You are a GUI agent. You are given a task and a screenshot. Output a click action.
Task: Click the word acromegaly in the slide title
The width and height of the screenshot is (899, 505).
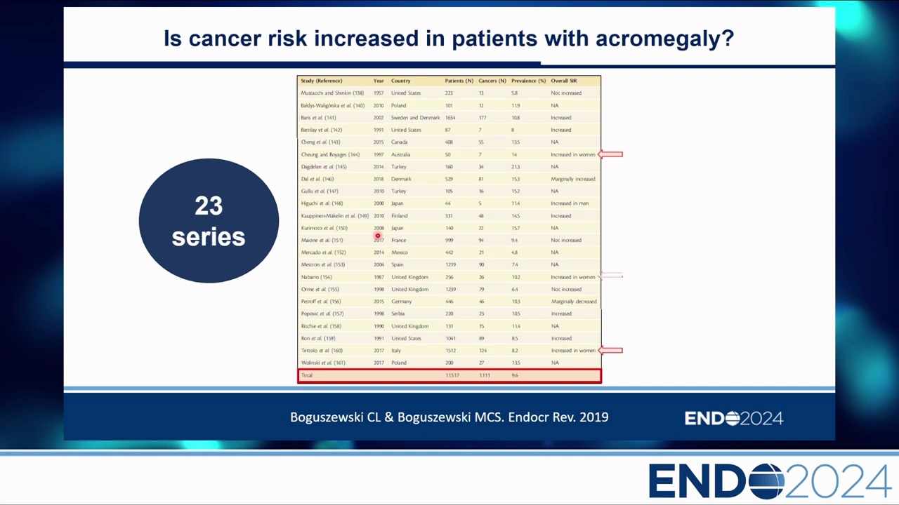(664, 39)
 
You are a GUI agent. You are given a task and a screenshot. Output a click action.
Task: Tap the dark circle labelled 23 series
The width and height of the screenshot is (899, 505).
(209, 221)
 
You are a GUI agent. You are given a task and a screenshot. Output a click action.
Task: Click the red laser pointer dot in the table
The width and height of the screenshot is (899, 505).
(378, 236)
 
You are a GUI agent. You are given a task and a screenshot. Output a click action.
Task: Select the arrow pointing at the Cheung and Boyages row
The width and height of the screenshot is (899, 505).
(611, 154)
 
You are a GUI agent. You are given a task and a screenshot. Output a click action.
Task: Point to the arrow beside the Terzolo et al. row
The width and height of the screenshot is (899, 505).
(611, 350)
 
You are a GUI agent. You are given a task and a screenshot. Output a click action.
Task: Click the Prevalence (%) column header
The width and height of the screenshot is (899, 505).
(528, 81)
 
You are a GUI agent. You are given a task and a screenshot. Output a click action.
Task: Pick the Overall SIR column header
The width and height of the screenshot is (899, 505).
(563, 81)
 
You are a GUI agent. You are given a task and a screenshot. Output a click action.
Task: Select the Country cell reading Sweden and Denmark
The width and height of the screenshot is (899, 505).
(415, 118)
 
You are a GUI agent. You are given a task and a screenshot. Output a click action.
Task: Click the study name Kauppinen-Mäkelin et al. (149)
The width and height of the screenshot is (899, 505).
(334, 215)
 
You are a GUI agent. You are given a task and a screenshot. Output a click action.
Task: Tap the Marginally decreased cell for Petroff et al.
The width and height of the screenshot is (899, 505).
(574, 302)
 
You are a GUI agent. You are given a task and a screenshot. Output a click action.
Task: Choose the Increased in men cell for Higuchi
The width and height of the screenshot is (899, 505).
(570, 203)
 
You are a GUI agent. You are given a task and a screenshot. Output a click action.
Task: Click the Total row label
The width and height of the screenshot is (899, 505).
(307, 375)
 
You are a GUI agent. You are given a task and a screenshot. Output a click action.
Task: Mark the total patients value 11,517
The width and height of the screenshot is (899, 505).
(452, 375)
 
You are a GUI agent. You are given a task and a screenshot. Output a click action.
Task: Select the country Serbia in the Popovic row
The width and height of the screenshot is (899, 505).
(398, 314)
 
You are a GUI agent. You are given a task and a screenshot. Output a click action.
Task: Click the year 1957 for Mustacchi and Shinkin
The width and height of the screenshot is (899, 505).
(379, 93)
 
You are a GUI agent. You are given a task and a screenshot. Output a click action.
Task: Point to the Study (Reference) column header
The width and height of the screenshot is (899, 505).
(321, 81)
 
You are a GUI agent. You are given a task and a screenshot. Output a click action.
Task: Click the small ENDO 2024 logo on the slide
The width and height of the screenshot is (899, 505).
(733, 419)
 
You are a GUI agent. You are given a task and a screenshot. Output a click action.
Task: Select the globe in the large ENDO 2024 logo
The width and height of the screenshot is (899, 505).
(766, 481)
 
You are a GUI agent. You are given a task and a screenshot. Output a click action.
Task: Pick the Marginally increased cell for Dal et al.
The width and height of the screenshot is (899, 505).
(572, 179)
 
